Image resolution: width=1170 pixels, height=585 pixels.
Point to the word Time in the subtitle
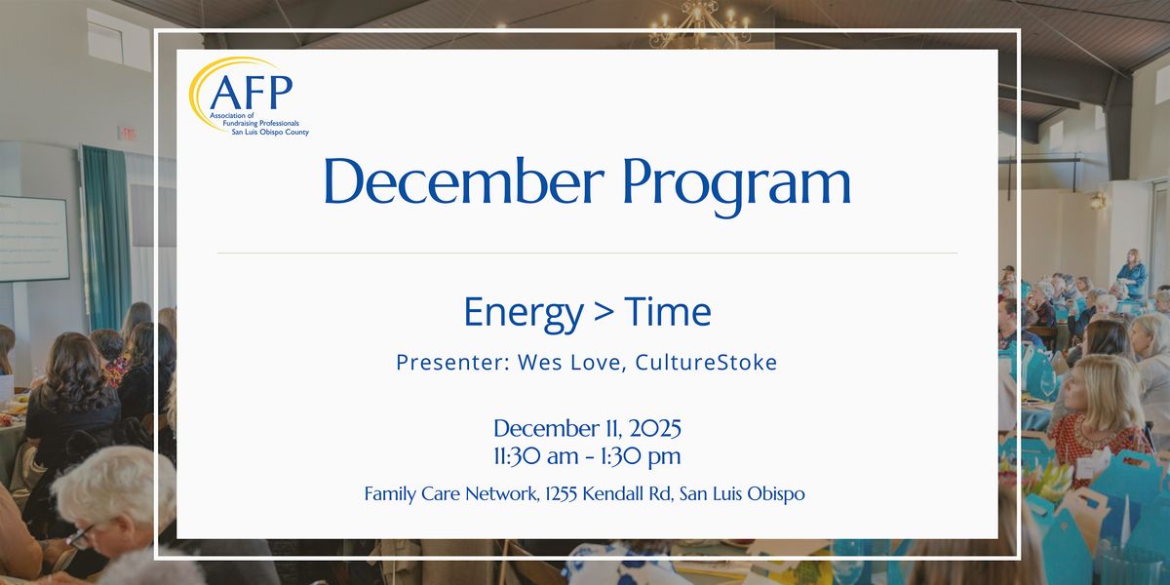click(668, 312)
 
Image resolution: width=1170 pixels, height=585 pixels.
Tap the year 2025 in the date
click(645, 429)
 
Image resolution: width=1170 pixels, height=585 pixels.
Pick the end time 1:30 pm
click(642, 456)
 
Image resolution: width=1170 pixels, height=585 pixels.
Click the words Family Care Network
click(448, 494)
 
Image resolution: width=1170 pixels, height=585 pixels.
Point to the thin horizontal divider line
click(586, 253)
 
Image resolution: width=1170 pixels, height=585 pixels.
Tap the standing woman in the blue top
click(1132, 274)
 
